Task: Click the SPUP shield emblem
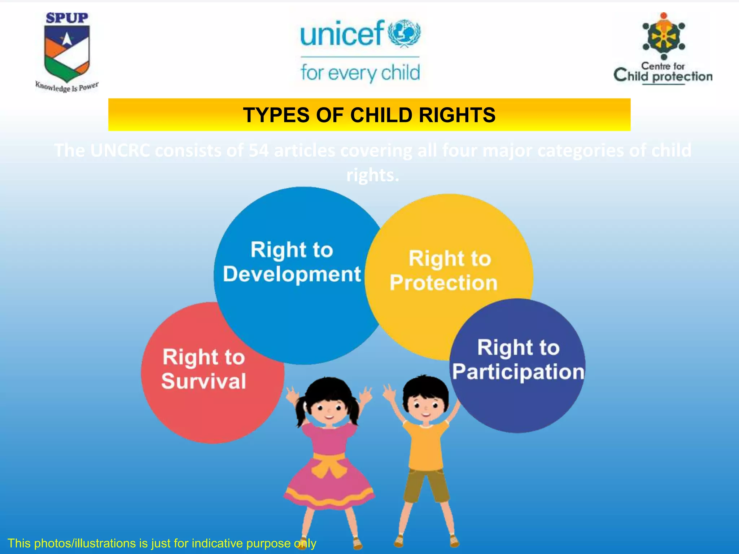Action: pos(67,53)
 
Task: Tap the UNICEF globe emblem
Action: pos(404,34)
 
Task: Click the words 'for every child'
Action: pos(360,73)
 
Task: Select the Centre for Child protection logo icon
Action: pos(664,36)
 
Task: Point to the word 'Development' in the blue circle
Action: pos(292,274)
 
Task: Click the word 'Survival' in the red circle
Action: pos(204,381)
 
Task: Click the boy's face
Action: pos(426,406)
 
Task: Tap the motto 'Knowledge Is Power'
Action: pos(67,87)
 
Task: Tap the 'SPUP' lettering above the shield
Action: pos(67,18)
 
